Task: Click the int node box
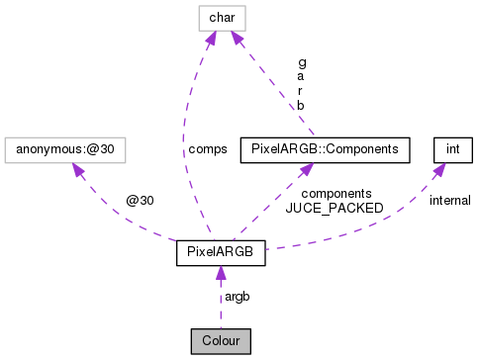(x=452, y=149)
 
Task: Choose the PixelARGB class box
(x=220, y=253)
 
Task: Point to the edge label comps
(x=208, y=149)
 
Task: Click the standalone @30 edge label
(x=139, y=200)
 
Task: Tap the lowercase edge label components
(x=336, y=193)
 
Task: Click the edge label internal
(x=449, y=200)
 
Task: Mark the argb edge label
(x=238, y=297)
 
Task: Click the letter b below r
(x=301, y=105)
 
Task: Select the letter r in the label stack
(x=301, y=90)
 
